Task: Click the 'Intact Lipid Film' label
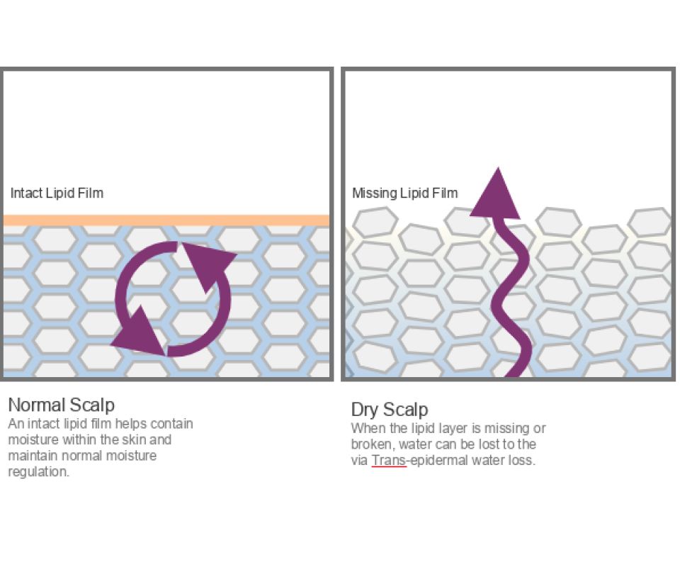point(57,193)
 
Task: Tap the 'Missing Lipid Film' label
point(404,193)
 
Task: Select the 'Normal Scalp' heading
point(62,405)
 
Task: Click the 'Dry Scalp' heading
point(390,410)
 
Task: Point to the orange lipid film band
point(166,220)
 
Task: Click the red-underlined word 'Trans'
point(389,460)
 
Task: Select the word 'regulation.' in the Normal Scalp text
point(38,472)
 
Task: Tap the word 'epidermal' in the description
point(439,460)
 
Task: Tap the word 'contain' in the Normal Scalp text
point(172,423)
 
